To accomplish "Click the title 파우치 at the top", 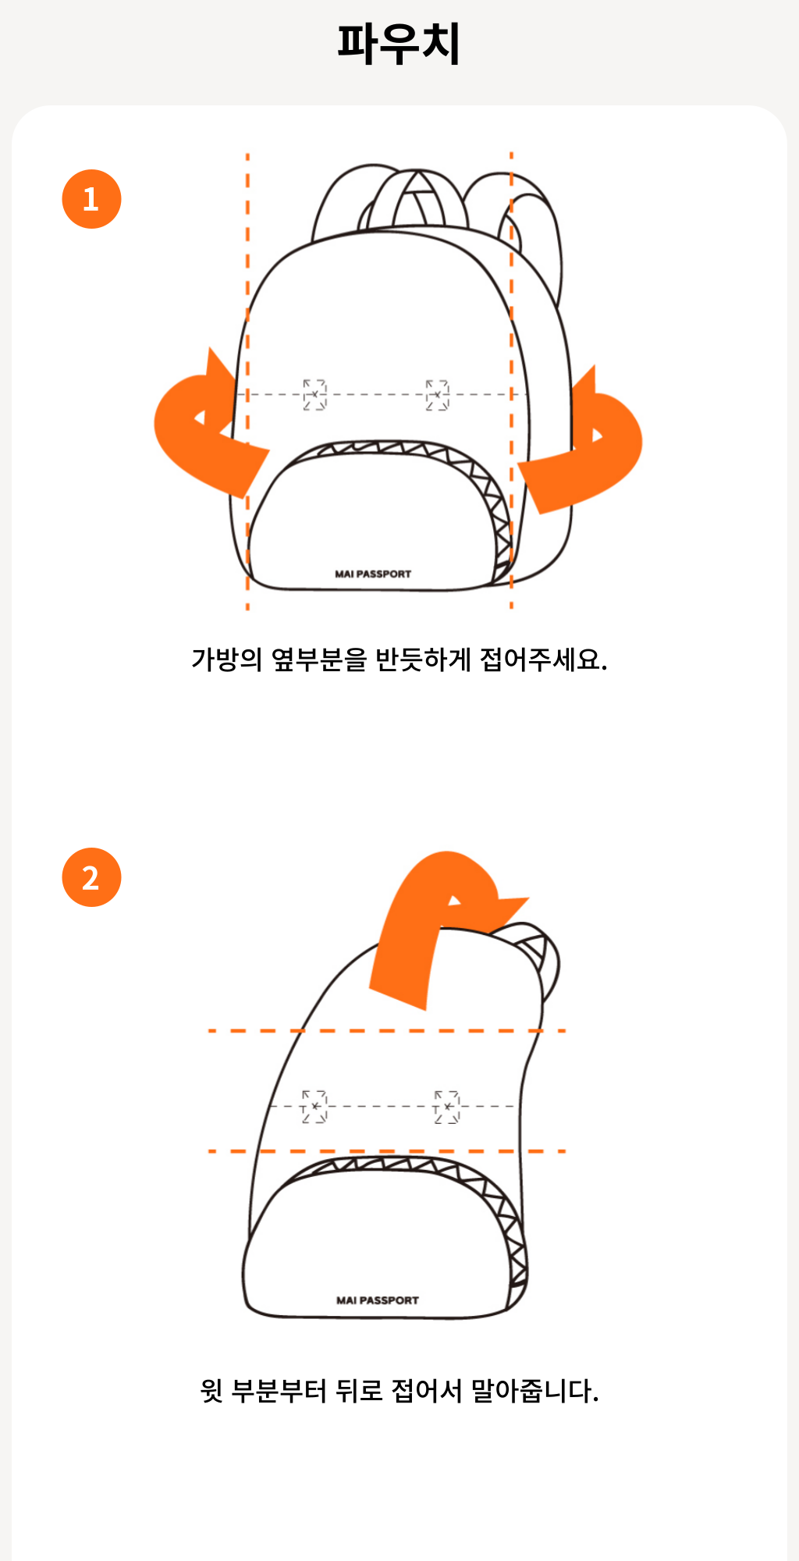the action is (x=399, y=43).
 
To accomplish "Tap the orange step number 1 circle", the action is (x=91, y=199).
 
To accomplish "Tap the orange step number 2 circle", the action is (x=91, y=877).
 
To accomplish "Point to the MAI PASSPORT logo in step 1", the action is (x=373, y=574).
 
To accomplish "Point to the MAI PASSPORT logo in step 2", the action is (x=378, y=1300).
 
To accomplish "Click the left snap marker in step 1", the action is (x=314, y=394).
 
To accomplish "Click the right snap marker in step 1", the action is (x=437, y=395).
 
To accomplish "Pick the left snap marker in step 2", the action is (x=314, y=1106).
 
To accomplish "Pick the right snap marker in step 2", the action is (x=447, y=1107).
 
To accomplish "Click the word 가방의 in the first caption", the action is (x=227, y=660).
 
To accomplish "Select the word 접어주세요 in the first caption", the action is (x=543, y=660).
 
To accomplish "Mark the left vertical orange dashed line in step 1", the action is (x=247, y=381).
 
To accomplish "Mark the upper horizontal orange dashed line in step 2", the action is (x=387, y=1031).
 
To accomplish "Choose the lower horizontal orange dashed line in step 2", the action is (x=387, y=1151).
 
